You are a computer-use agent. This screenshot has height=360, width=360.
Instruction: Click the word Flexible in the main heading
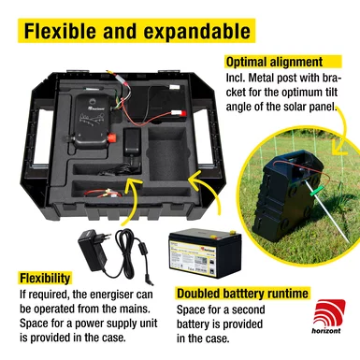(x=60, y=31)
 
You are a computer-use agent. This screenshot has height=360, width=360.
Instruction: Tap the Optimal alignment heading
(x=274, y=62)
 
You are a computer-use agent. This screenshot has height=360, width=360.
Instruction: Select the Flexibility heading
(x=45, y=278)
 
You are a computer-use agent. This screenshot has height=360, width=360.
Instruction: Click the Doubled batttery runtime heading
(x=242, y=294)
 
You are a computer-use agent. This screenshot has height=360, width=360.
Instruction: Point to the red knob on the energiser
(x=111, y=137)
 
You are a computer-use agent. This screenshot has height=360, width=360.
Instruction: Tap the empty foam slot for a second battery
(x=168, y=153)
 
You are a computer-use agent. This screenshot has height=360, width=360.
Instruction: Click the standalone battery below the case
(x=205, y=253)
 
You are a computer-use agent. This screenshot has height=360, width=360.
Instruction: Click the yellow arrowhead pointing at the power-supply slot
(x=131, y=184)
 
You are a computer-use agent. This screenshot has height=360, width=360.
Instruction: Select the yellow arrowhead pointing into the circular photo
(x=339, y=147)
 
